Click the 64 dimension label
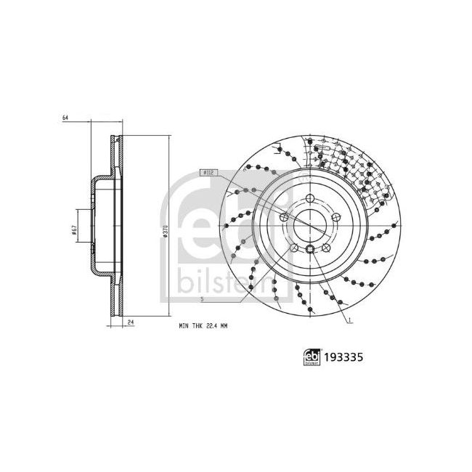point(65,118)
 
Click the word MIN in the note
point(184,329)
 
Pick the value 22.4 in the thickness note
point(219,329)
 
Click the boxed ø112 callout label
point(207,173)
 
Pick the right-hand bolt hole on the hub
point(336,216)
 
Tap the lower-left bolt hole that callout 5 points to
point(294,249)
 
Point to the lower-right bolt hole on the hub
point(327,249)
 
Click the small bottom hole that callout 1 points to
point(311,251)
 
